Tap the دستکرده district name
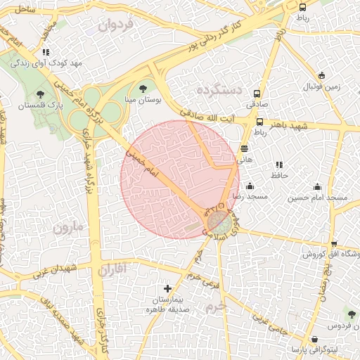coord(219,89)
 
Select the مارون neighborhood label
coord(67,227)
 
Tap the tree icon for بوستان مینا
coord(143,89)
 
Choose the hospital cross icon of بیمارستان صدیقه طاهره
coord(167,288)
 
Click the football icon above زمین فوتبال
coord(321,76)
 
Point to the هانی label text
coord(244,160)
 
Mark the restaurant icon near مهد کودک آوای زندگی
coord(45,52)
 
